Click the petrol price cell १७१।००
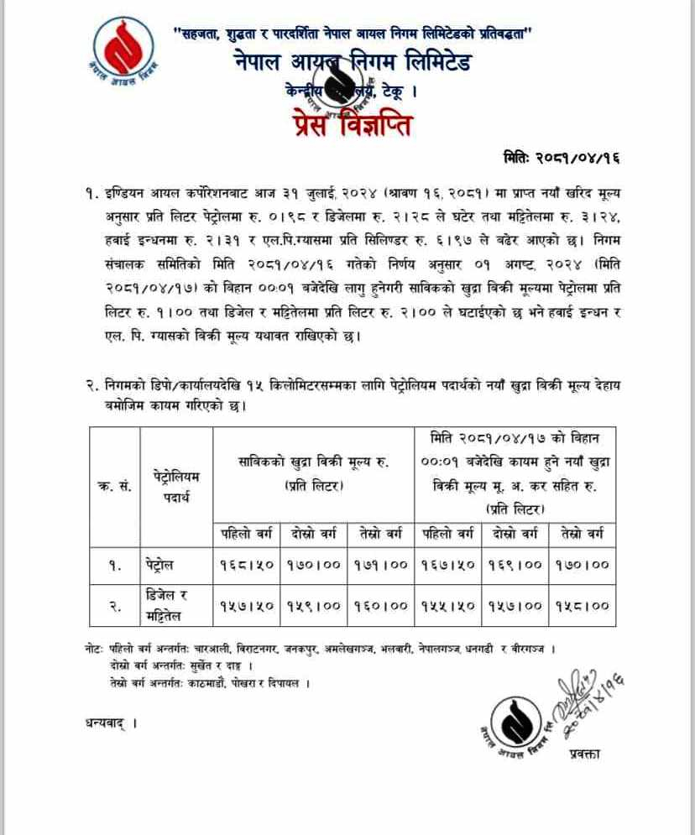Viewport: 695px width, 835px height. pos(384,565)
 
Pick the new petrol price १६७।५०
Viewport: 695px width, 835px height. pos(450,565)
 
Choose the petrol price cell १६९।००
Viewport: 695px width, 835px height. pos(517,565)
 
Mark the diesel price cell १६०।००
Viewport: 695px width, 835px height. pos(384,605)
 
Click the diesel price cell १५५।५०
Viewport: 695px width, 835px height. pos(450,605)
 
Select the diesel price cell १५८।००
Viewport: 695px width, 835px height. pos(583,605)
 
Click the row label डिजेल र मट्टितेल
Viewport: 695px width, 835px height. pos(165,605)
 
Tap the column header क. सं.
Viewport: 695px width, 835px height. pos(114,487)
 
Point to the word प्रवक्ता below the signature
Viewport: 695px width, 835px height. pos(581,753)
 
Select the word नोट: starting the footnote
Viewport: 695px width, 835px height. pos(96,650)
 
